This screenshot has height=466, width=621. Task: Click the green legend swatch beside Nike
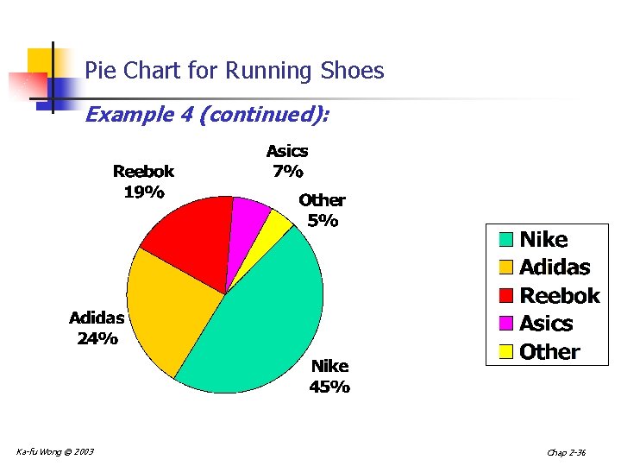(505, 239)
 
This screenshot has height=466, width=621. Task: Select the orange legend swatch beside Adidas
(505, 267)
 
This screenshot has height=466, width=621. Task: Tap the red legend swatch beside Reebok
(505, 295)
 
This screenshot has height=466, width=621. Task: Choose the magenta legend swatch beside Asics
(505, 323)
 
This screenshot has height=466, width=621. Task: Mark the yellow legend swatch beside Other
(505, 351)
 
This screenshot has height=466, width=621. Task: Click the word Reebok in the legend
(559, 295)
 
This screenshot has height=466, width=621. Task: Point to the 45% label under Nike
(329, 387)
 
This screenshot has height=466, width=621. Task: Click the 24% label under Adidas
(97, 338)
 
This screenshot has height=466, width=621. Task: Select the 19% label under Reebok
(143, 192)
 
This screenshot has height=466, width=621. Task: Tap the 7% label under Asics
(287, 171)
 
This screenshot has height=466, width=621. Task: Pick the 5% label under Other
(323, 220)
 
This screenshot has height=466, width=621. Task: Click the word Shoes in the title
(351, 71)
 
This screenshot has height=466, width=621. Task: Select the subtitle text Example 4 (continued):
(206, 114)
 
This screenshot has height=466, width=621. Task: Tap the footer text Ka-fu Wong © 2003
(55, 451)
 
